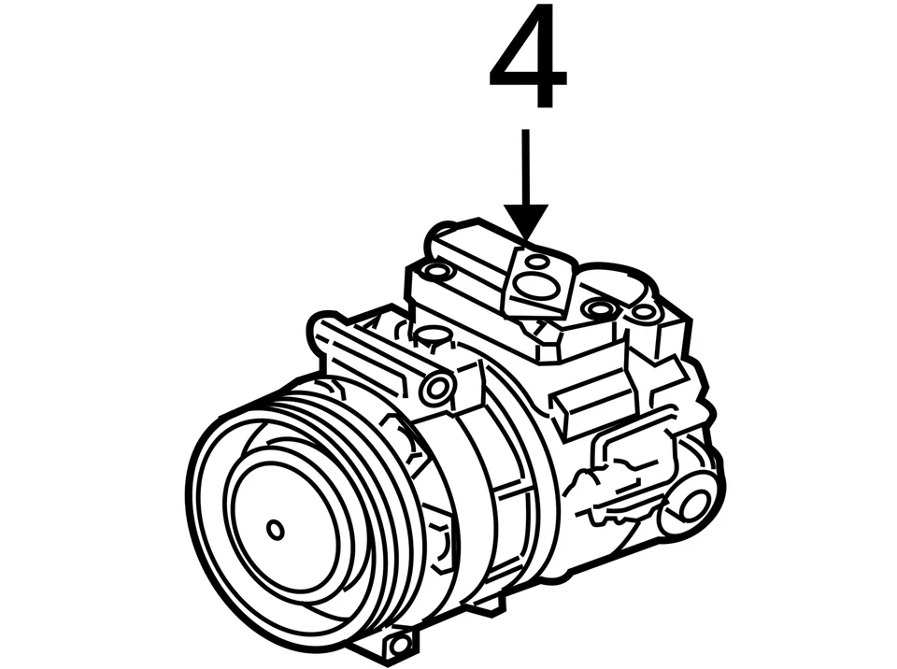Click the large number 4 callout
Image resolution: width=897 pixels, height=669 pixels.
(528, 58)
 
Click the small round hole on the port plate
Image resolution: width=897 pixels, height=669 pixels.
(537, 260)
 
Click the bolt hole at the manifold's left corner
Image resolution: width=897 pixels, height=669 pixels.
(435, 272)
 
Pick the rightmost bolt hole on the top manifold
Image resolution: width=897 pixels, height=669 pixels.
(645, 312)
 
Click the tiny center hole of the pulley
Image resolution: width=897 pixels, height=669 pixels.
(276, 530)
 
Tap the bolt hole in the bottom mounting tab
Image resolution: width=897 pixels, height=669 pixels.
(399, 644)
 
